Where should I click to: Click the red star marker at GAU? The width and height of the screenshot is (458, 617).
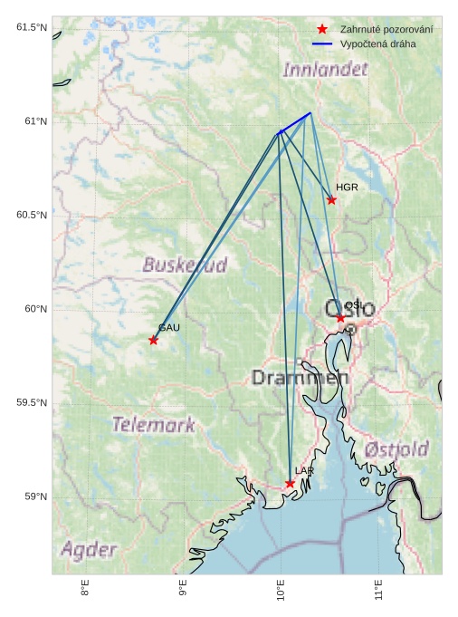pyautogui.click(x=153, y=341)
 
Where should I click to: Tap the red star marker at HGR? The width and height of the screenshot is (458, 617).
pyautogui.click(x=331, y=200)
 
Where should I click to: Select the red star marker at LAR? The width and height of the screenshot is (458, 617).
pyautogui.click(x=290, y=484)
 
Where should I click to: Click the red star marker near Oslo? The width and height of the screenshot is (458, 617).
pyautogui.click(x=340, y=318)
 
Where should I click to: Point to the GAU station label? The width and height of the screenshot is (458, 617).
pyautogui.click(x=169, y=328)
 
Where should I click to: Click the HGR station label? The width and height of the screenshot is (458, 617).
pyautogui.click(x=347, y=188)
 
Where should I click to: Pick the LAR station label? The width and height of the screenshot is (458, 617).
pyautogui.click(x=304, y=471)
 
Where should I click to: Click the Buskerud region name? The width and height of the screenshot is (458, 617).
pyautogui.click(x=185, y=265)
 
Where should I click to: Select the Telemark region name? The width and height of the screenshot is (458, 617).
pyautogui.click(x=153, y=424)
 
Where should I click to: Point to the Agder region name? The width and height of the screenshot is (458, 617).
pyautogui.click(x=89, y=549)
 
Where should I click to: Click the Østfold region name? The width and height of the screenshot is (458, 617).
pyautogui.click(x=396, y=449)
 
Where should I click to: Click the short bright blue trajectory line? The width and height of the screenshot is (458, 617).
pyautogui.click(x=295, y=122)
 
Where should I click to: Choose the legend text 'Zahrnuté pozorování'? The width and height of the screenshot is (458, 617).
pyautogui.click(x=386, y=31)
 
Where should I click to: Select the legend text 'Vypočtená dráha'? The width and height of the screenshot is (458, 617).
pyautogui.click(x=378, y=43)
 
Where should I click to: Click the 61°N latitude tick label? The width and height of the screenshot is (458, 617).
pyautogui.click(x=32, y=121)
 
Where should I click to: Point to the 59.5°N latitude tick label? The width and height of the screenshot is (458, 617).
pyautogui.click(x=32, y=403)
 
